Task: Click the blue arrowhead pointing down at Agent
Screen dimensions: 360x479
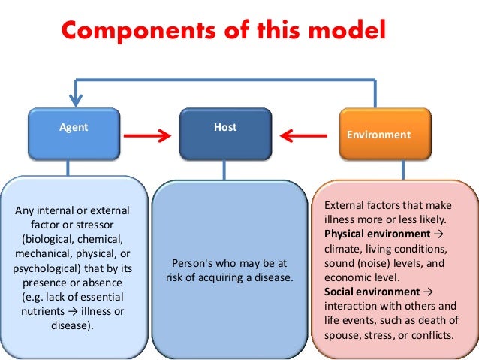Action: click(74, 98)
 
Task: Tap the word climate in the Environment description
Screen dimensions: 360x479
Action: click(342, 248)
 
